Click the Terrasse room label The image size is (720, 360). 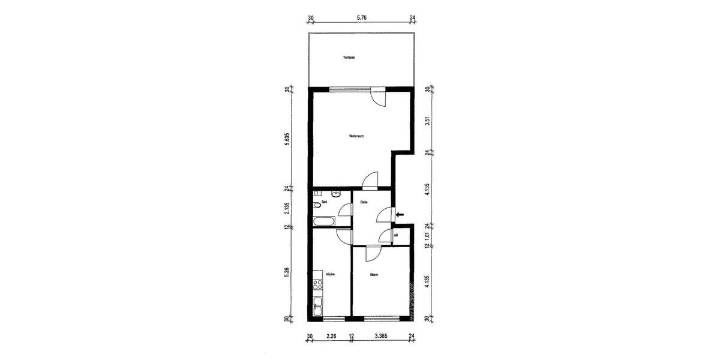pyautogui.click(x=348, y=58)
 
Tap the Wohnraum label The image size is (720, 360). pyautogui.click(x=357, y=136)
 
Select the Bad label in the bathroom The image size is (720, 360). pyautogui.click(x=324, y=202)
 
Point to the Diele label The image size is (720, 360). pyautogui.click(x=364, y=202)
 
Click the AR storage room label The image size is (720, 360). pyautogui.click(x=396, y=235)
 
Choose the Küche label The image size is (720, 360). pyautogui.click(x=330, y=274)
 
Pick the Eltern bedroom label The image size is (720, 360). pyautogui.click(x=374, y=274)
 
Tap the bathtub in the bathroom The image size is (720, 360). pyautogui.click(x=323, y=223)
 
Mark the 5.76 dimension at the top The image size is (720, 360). pyautogui.click(x=361, y=17)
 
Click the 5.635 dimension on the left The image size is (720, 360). pyautogui.click(x=287, y=139)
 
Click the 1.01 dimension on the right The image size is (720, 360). pyautogui.click(x=427, y=236)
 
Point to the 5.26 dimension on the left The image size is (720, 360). pyautogui.click(x=287, y=272)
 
